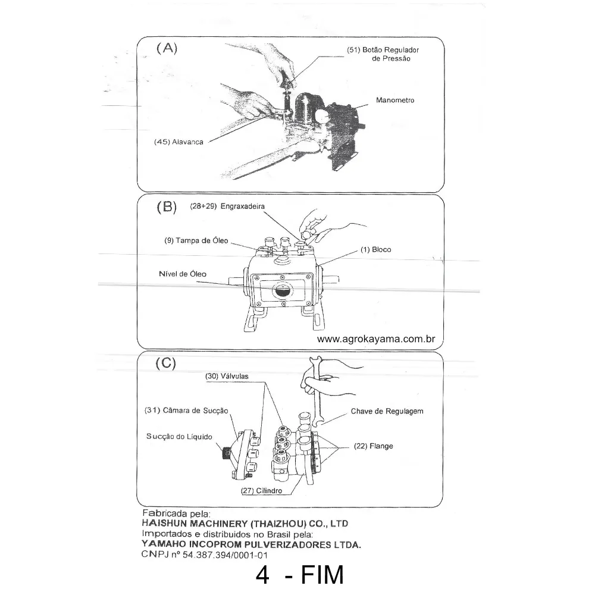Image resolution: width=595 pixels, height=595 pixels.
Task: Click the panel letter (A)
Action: [x=166, y=49]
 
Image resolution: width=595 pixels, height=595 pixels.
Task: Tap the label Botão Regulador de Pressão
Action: [x=378, y=54]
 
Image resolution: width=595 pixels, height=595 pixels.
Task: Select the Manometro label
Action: [x=394, y=101]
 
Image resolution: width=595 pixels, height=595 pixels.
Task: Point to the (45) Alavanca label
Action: [x=178, y=142]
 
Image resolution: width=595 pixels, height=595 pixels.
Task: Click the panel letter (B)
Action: [x=166, y=207]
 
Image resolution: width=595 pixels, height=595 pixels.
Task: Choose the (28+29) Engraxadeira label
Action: [x=227, y=206]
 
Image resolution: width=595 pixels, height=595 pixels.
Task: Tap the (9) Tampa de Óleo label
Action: [x=196, y=240]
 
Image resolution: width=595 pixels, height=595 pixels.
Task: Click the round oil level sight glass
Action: [x=280, y=291]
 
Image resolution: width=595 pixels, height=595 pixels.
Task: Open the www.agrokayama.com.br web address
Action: [x=377, y=339]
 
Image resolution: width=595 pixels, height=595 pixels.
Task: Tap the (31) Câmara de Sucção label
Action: [x=186, y=411]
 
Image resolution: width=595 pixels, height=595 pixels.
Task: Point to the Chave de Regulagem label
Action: [x=387, y=411]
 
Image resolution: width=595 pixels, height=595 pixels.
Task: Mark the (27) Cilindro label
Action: [x=261, y=491]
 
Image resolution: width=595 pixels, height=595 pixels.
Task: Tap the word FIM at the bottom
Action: [x=322, y=576]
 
